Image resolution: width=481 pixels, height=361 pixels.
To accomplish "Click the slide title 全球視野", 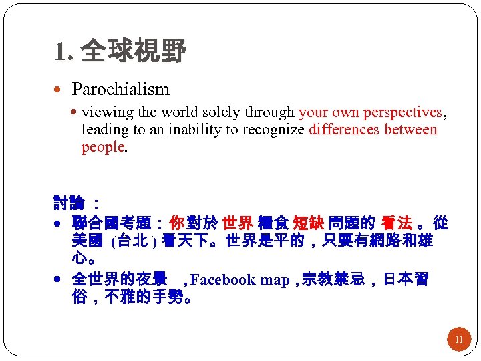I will (133, 50).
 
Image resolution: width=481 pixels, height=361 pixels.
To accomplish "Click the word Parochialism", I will (121, 89).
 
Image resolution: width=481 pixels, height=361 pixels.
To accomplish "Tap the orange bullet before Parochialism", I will (61, 89).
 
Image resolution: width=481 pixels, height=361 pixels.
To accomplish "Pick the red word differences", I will (344, 130).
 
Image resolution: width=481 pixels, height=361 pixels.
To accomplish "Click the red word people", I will (103, 147).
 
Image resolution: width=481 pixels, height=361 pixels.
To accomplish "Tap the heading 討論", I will (69, 201).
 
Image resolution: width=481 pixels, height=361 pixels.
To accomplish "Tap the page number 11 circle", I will (458, 340).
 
